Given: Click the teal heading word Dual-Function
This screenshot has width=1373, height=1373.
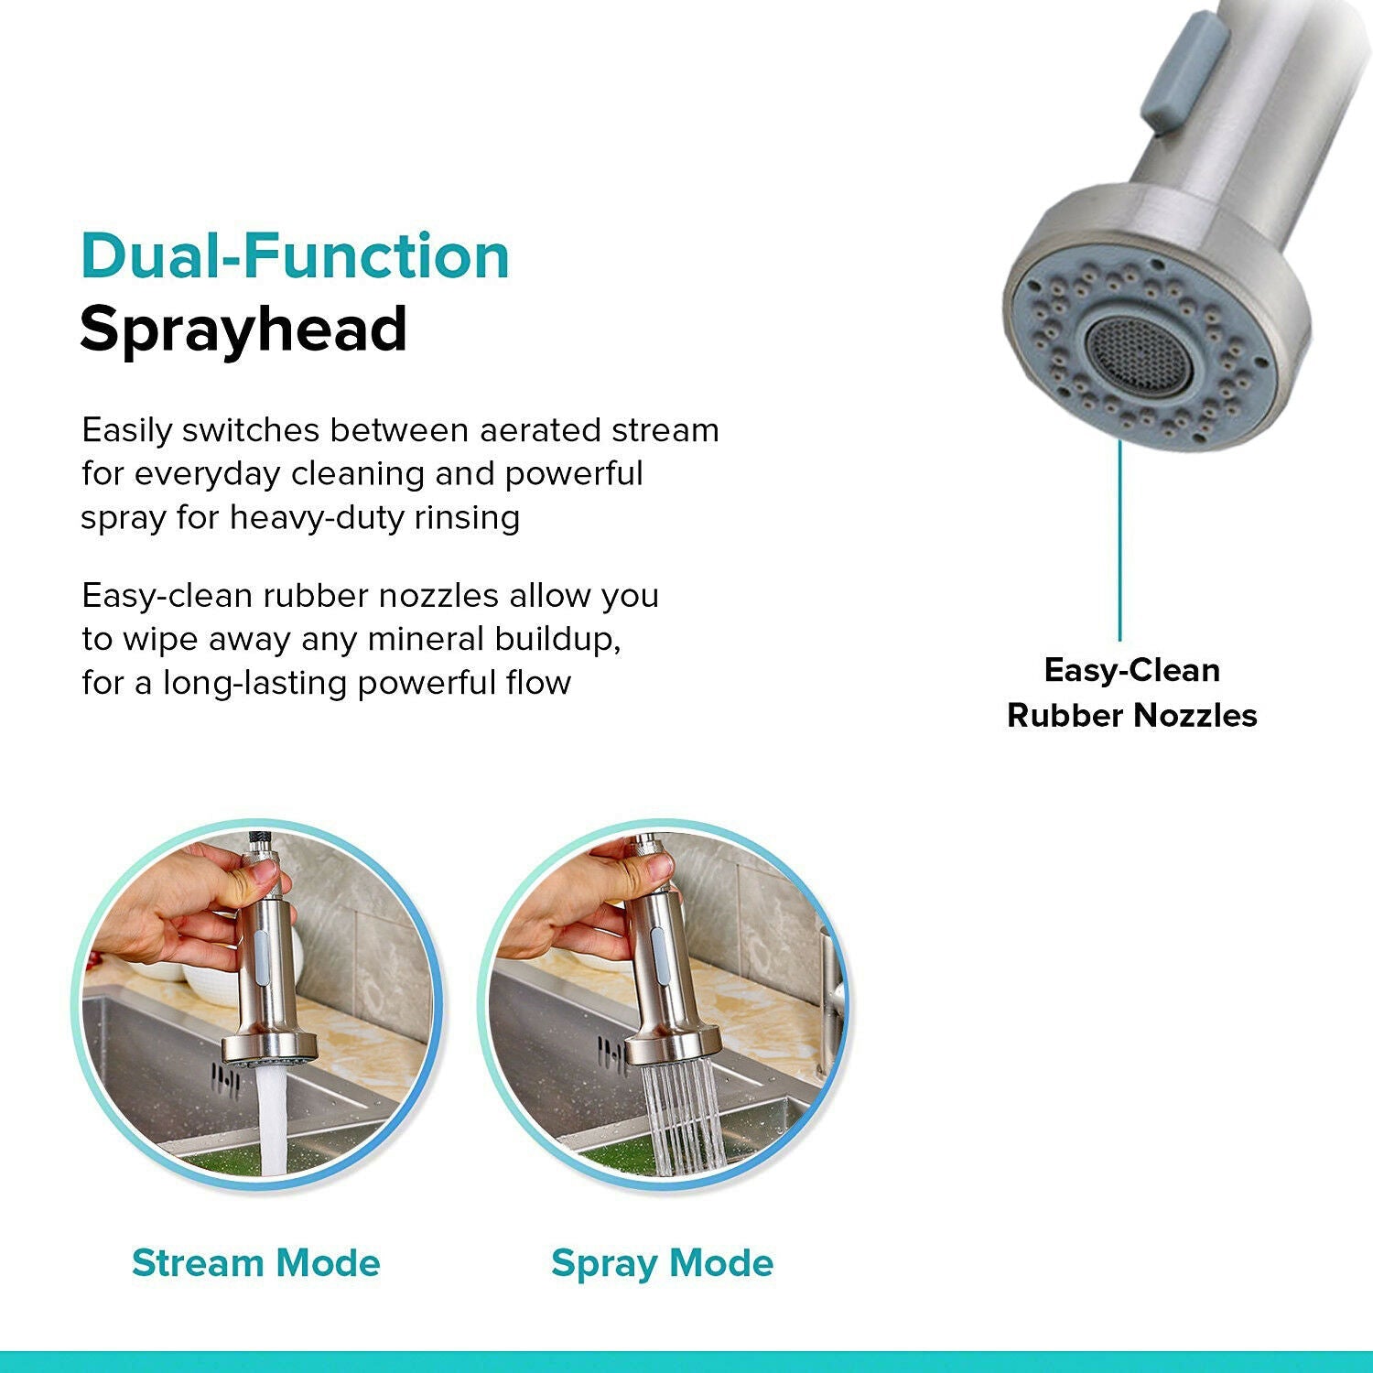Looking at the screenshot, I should (295, 256).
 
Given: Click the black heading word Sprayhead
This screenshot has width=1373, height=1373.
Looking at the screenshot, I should (243, 330).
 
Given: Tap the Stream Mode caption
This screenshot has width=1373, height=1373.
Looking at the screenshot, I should (255, 1263).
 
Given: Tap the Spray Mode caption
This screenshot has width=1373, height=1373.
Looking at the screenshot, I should (662, 1263).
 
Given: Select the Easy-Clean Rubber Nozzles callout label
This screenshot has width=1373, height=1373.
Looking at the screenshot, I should (1131, 693).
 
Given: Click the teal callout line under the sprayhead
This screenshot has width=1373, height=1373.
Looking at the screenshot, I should (1119, 540).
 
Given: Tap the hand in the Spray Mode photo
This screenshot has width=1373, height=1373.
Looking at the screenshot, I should (577, 906).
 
